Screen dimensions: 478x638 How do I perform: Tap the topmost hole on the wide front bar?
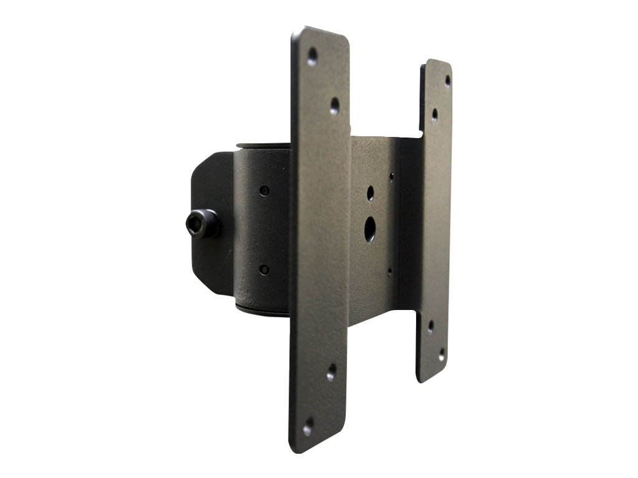point(312,57)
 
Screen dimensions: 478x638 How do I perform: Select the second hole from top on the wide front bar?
point(335,105)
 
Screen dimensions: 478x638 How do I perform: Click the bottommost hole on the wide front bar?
point(308,428)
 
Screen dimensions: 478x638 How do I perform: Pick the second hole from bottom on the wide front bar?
point(331,372)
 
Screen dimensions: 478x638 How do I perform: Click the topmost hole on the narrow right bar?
point(447,80)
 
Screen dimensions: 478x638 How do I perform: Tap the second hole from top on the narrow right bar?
point(434,115)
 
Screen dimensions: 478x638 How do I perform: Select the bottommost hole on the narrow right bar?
point(442,355)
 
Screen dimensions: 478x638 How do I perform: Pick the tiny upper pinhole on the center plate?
point(391,177)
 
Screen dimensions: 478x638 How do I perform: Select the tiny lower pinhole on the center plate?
point(389,271)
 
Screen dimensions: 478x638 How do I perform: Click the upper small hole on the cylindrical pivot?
point(264,190)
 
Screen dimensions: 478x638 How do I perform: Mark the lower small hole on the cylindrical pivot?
point(264,269)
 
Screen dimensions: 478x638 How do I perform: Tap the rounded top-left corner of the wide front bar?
point(298,34)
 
